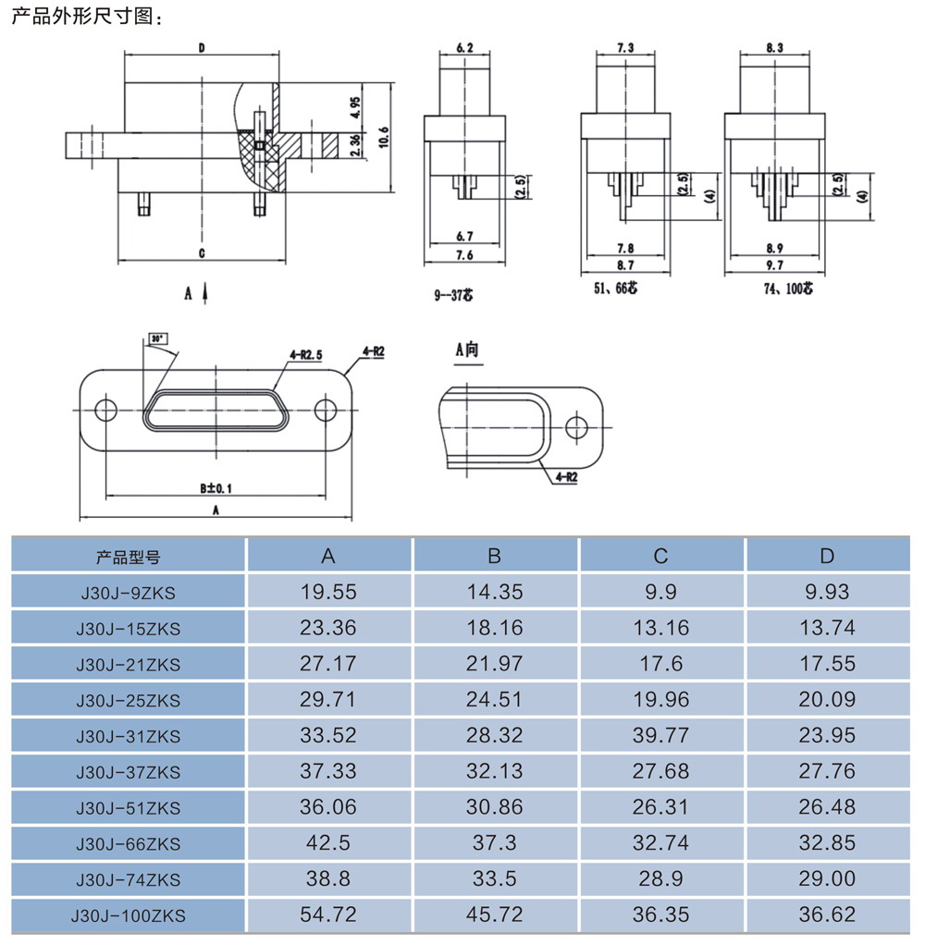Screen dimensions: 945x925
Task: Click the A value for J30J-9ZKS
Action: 328,592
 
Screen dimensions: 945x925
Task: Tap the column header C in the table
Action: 660,556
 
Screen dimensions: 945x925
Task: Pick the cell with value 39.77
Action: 660,736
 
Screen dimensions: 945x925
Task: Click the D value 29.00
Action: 827,879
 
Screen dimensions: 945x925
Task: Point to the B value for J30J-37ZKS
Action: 494,771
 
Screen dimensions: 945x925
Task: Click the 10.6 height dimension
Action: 384,135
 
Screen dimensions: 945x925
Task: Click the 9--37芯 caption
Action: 453,296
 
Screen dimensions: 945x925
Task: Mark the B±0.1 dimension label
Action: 216,487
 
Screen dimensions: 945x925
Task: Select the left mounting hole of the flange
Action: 105,411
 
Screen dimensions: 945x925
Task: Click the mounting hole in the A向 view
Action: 577,426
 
